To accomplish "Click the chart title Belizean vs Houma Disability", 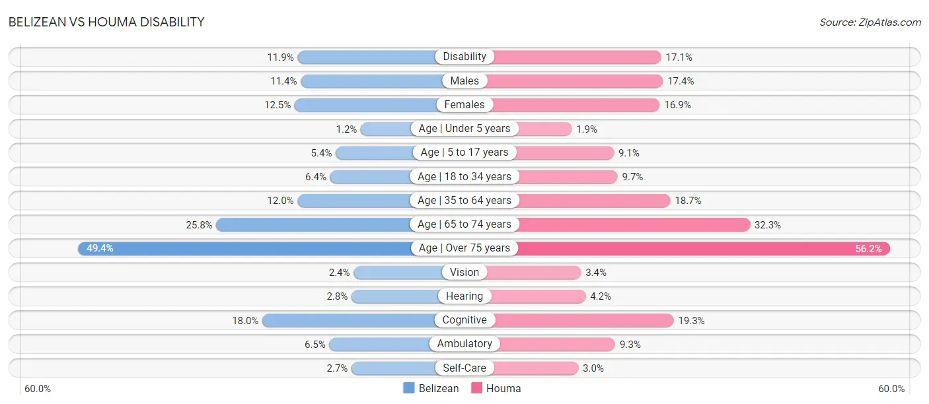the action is [106, 22].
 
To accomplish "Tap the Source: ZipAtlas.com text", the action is [870, 22].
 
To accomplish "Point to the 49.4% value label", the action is [100, 248].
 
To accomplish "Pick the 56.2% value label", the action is [868, 249].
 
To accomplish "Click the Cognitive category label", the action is [464, 320].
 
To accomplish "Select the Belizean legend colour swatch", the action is [409, 388].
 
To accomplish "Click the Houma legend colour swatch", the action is [477, 388].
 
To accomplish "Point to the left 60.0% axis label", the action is [37, 389].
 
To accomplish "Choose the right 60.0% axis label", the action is [891, 389].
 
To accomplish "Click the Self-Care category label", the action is [464, 368].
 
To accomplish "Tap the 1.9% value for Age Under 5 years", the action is [587, 129].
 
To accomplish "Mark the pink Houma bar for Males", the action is [575, 81].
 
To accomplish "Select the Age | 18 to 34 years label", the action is [464, 176].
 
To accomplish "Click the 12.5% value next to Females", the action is [278, 105].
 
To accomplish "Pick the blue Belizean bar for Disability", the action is [367, 57].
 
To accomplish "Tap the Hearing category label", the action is [464, 296].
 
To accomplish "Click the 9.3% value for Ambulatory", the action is [630, 345].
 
